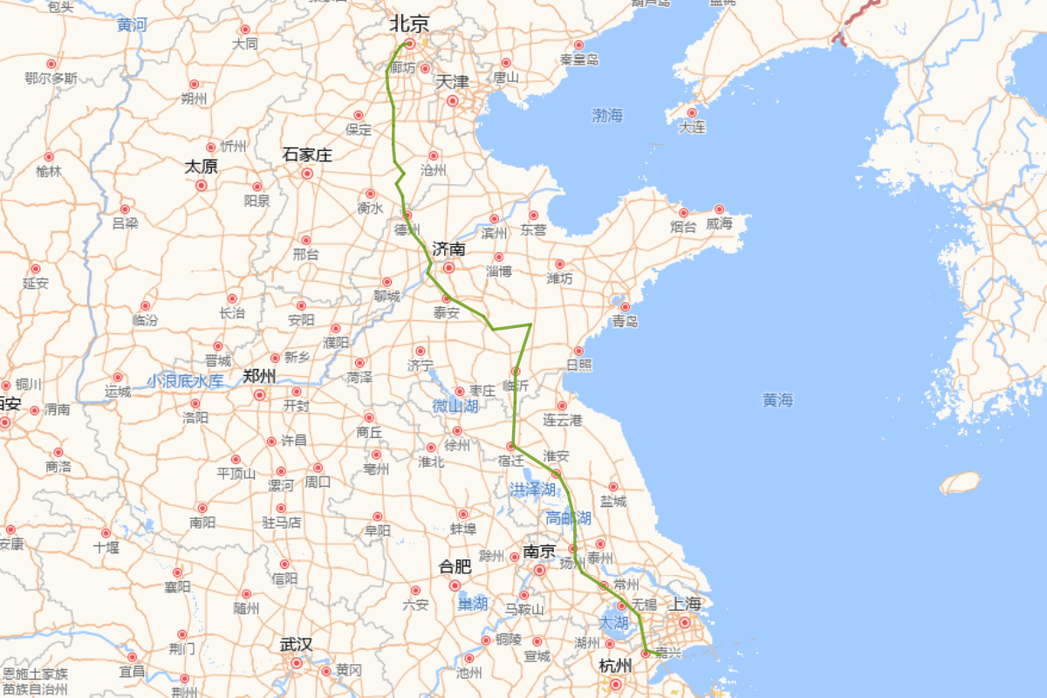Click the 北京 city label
pyautogui.click(x=409, y=24)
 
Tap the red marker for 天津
pyautogui.click(x=452, y=101)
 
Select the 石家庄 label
pyautogui.click(x=307, y=155)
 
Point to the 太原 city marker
pyautogui.click(x=201, y=185)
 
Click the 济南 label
pyautogui.click(x=448, y=250)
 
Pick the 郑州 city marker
pyautogui.click(x=259, y=394)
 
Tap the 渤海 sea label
pyautogui.click(x=607, y=114)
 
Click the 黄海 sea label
pyautogui.click(x=777, y=400)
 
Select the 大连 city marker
pyautogui.click(x=692, y=113)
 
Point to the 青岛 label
pyautogui.click(x=625, y=322)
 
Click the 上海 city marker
pyautogui.click(x=685, y=622)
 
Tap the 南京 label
pyautogui.click(x=539, y=551)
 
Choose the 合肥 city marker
pyautogui.click(x=455, y=585)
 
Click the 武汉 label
pyautogui.click(x=296, y=645)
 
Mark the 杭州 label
pyautogui.click(x=615, y=666)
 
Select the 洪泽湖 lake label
pyautogui.click(x=532, y=489)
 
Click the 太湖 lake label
pyautogui.click(x=613, y=623)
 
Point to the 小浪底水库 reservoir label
pyautogui.click(x=185, y=380)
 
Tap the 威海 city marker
pyautogui.click(x=719, y=209)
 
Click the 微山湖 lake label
pyautogui.click(x=455, y=406)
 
